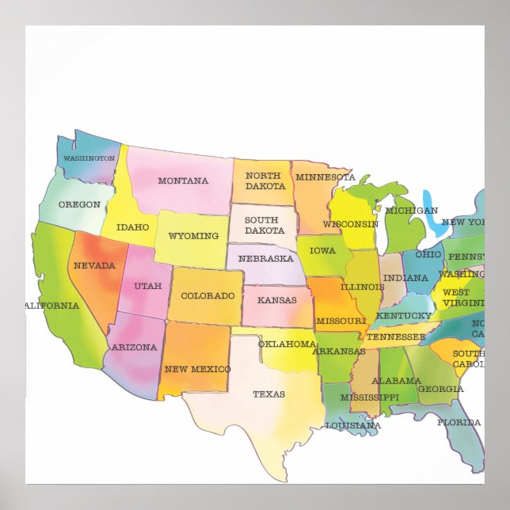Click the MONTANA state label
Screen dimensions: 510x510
pyautogui.click(x=183, y=181)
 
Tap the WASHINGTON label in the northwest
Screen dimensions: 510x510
pyautogui.click(x=89, y=158)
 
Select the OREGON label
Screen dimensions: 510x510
pyautogui.click(x=79, y=204)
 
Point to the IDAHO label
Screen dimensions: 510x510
pyautogui.click(x=132, y=227)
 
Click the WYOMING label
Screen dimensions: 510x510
pyautogui.click(x=193, y=236)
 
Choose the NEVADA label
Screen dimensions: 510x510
pyautogui.click(x=94, y=265)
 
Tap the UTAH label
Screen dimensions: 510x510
pyautogui.click(x=147, y=286)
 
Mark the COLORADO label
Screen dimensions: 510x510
pyautogui.click(x=207, y=296)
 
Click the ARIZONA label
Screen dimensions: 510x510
pyautogui.click(x=134, y=347)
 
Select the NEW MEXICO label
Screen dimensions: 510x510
pyautogui.click(x=197, y=369)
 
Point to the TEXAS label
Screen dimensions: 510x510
pyautogui.click(x=268, y=394)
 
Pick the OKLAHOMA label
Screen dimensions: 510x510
pyautogui.click(x=287, y=344)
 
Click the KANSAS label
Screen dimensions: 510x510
pyautogui.click(x=276, y=301)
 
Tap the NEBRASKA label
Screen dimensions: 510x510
pyautogui.click(x=265, y=259)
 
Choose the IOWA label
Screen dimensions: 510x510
pyautogui.click(x=322, y=251)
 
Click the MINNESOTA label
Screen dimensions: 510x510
pyautogui.click(x=325, y=177)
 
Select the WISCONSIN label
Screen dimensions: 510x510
pyautogui.click(x=350, y=224)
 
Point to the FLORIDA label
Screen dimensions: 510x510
pyautogui.click(x=459, y=422)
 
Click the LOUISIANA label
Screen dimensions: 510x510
pyautogui.click(x=353, y=425)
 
